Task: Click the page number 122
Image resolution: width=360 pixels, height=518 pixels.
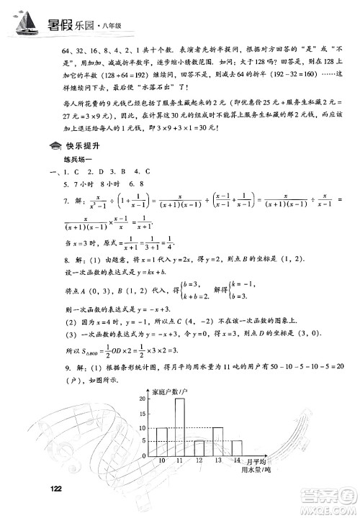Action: pyautogui.click(x=59, y=489)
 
